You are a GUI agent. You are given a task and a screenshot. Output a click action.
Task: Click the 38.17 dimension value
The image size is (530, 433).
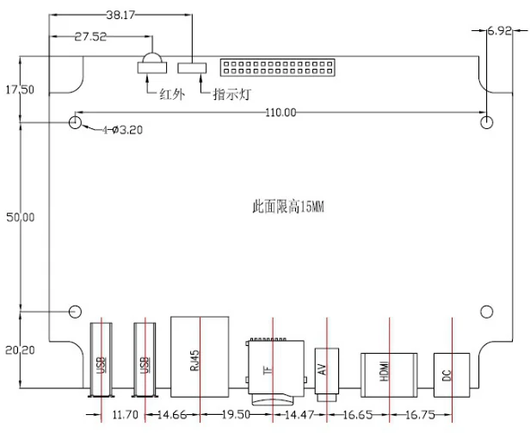(120, 15)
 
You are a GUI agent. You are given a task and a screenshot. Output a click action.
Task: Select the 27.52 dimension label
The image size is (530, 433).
(90, 36)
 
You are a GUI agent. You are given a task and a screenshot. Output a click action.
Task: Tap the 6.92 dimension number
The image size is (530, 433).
(499, 31)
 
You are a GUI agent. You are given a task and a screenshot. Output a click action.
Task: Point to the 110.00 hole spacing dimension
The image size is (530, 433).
(280, 112)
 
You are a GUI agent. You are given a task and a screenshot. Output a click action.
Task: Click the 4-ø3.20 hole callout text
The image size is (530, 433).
(123, 130)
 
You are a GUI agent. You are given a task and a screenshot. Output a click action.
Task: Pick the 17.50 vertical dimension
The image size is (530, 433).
(20, 90)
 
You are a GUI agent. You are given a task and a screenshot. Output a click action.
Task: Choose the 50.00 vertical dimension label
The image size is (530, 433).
(21, 217)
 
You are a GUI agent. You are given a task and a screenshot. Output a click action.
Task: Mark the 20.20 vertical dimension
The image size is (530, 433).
(20, 350)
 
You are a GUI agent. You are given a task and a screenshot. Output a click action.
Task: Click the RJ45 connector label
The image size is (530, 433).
(195, 361)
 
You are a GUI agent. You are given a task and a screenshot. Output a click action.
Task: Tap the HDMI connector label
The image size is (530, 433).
(385, 371)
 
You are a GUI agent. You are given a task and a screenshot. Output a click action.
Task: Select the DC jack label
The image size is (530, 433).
(447, 375)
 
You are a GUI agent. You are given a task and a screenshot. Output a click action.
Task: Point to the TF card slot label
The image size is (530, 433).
(268, 370)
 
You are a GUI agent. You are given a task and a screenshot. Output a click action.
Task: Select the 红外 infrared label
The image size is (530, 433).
(172, 95)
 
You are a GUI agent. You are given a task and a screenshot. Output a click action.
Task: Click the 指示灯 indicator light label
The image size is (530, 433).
(232, 95)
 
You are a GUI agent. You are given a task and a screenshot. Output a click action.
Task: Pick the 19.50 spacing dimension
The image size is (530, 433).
(236, 414)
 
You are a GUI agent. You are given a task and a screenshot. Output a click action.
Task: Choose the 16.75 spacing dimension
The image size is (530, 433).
(420, 415)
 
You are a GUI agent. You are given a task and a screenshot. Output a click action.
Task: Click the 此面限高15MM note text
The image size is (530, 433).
(288, 207)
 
